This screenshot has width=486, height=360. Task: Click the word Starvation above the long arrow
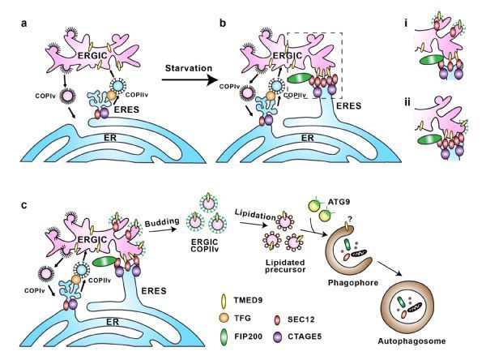pos(189,68)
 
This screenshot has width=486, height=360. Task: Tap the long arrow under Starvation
pos(189,80)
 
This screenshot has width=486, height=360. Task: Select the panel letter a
pos(24,24)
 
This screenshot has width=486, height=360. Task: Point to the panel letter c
pos(24,205)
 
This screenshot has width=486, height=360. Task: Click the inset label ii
pos(407,101)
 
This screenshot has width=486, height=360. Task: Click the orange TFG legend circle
pos(224,318)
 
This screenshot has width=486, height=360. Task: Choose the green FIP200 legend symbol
pos(224,336)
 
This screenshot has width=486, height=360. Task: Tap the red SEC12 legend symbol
pos(277,319)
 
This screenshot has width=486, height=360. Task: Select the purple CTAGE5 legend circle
pos(277,336)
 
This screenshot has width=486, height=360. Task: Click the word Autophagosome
pos(411,341)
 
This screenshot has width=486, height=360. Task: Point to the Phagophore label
pos(353,283)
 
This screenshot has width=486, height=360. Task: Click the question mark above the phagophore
pos(350,220)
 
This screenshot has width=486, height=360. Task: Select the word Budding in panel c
pos(162,222)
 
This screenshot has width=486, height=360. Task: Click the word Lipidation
pos(255,214)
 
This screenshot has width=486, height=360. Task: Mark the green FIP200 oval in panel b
pos(300,78)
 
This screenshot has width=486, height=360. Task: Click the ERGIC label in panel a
pos(92,56)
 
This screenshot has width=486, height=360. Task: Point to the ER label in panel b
pos(308,138)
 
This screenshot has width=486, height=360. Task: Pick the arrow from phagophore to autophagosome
pos(390,268)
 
